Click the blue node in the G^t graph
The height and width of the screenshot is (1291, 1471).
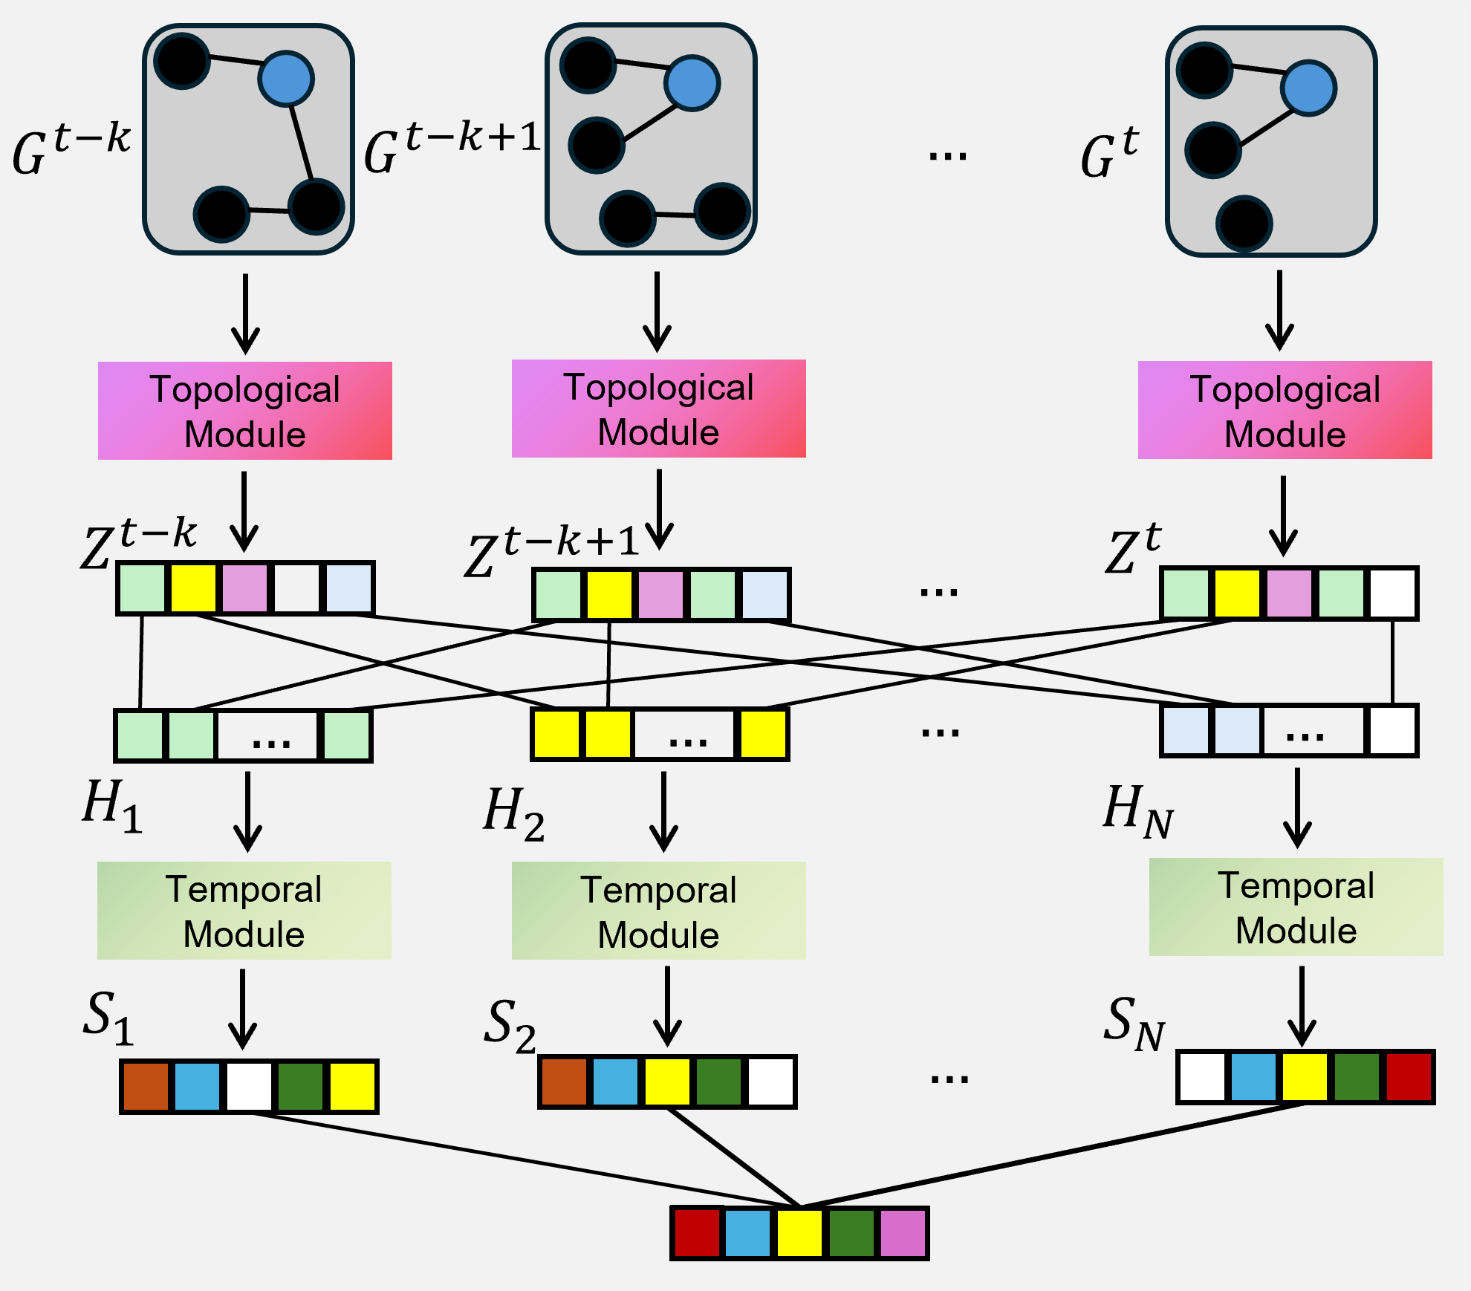pos(1309,88)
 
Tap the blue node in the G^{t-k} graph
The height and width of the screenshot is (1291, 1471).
pos(286,79)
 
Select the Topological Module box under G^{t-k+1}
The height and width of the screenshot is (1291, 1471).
pos(659,409)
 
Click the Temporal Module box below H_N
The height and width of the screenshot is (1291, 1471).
pos(1296,907)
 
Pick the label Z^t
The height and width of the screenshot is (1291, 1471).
pos(1131,550)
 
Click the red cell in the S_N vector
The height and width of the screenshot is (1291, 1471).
pos(1409,1077)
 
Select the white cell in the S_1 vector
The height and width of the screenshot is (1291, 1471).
pos(249,1087)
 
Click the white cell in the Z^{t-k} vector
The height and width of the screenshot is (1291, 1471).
pos(296,588)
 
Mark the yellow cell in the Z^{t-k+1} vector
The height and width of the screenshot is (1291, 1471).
pos(609,595)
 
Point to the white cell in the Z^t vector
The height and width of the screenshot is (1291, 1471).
pos(1393,594)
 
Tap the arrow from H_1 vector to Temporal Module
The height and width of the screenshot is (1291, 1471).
pos(247,811)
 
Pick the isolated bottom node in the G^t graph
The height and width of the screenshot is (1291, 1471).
pos(1244,224)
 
